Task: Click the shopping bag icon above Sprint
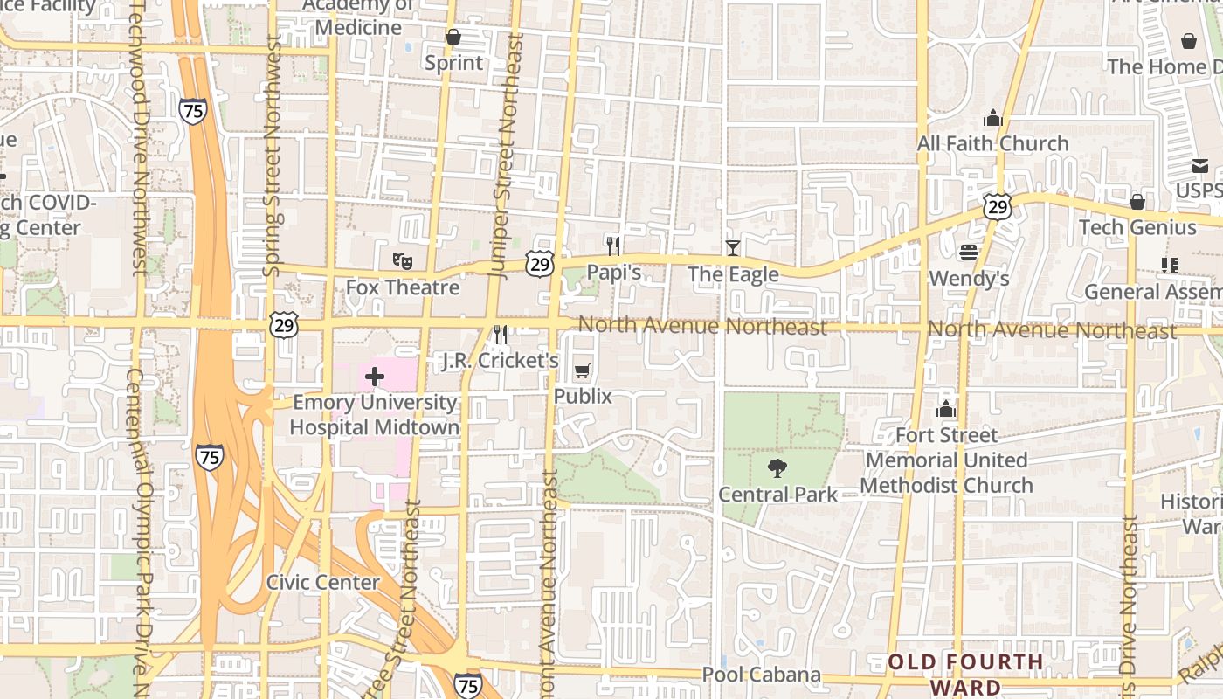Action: [453, 37]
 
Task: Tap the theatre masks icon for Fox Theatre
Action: [402, 260]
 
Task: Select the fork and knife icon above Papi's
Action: [613, 246]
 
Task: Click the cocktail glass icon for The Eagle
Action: [732, 248]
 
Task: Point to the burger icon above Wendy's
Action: [968, 253]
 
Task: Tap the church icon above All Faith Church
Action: [992, 117]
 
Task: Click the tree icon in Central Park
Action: [776, 468]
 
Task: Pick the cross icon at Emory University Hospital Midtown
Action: [374, 377]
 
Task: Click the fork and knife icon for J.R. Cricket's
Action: [501, 334]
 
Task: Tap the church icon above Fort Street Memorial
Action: [945, 409]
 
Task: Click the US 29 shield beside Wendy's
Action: [997, 206]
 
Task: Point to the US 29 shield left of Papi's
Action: [540, 263]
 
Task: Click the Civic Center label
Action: [322, 582]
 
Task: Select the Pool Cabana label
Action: [762, 675]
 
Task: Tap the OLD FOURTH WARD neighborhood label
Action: [965, 673]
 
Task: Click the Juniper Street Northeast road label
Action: [505, 157]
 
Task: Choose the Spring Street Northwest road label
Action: [272, 157]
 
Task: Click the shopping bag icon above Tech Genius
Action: [1137, 202]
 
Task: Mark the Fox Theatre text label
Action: [402, 287]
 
